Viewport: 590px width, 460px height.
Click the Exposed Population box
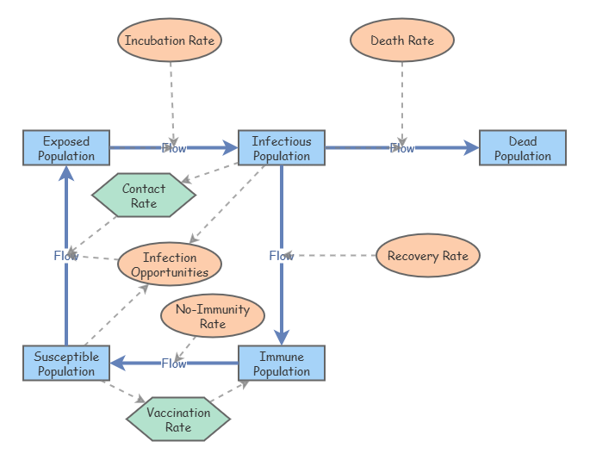[66, 148]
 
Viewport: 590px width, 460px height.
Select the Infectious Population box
[282, 148]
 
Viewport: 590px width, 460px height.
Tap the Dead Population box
[523, 148]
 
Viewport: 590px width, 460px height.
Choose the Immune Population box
[282, 364]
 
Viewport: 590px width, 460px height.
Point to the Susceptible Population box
[66, 364]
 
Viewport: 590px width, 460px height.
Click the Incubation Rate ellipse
[170, 40]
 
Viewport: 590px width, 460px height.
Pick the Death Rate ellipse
[402, 40]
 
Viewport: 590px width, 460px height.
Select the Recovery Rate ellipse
[428, 256]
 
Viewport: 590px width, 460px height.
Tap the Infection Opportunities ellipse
[170, 264]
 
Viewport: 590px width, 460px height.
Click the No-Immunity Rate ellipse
[213, 316]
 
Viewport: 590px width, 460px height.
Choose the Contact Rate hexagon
[144, 196]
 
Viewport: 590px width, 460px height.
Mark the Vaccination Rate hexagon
[178, 420]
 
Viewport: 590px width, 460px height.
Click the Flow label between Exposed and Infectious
[174, 148]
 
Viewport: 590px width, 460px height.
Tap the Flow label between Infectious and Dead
[402, 148]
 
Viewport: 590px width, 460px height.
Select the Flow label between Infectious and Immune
[282, 256]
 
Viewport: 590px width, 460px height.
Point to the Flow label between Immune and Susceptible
[174, 364]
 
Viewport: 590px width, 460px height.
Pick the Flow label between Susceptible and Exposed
[66, 256]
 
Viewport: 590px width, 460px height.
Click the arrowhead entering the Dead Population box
[472, 148]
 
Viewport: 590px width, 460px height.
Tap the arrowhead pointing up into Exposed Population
[66, 173]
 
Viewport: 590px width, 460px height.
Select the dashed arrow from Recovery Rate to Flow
[336, 256]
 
